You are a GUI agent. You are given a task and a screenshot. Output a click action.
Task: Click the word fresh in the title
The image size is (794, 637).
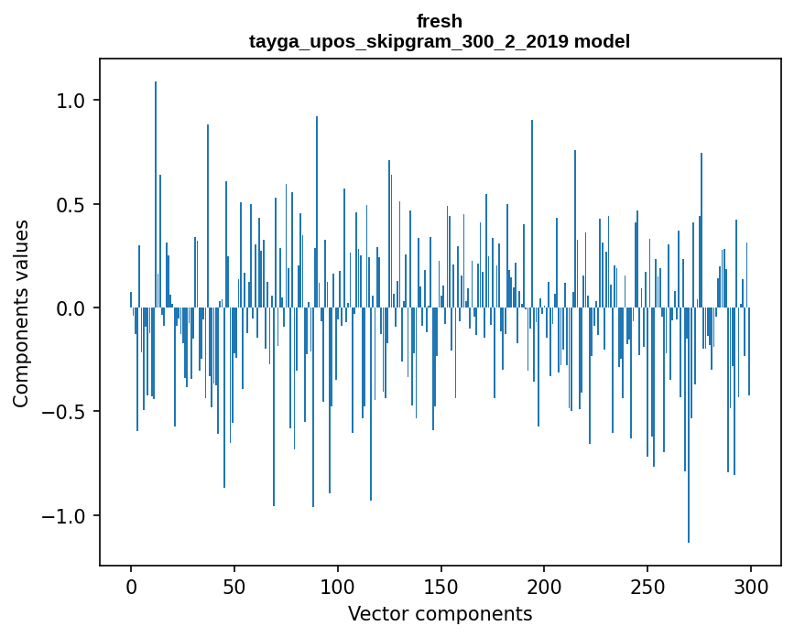(440, 21)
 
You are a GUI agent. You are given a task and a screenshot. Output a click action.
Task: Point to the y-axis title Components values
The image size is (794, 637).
(21, 313)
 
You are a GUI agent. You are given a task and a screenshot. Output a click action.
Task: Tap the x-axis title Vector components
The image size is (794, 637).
(440, 613)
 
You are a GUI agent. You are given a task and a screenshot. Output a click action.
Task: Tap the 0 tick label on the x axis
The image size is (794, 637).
(131, 586)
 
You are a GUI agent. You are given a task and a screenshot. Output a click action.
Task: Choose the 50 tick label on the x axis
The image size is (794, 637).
(234, 586)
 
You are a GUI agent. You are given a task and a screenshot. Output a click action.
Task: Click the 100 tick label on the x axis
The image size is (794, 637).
(338, 586)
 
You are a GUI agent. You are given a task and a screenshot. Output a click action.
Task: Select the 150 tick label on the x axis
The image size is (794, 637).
(441, 586)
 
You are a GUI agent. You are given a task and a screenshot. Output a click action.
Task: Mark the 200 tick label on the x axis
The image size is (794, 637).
(545, 586)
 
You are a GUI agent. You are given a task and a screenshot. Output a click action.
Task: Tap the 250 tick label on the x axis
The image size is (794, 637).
(647, 586)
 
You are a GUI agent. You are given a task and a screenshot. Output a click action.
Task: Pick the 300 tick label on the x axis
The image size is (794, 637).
(751, 586)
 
